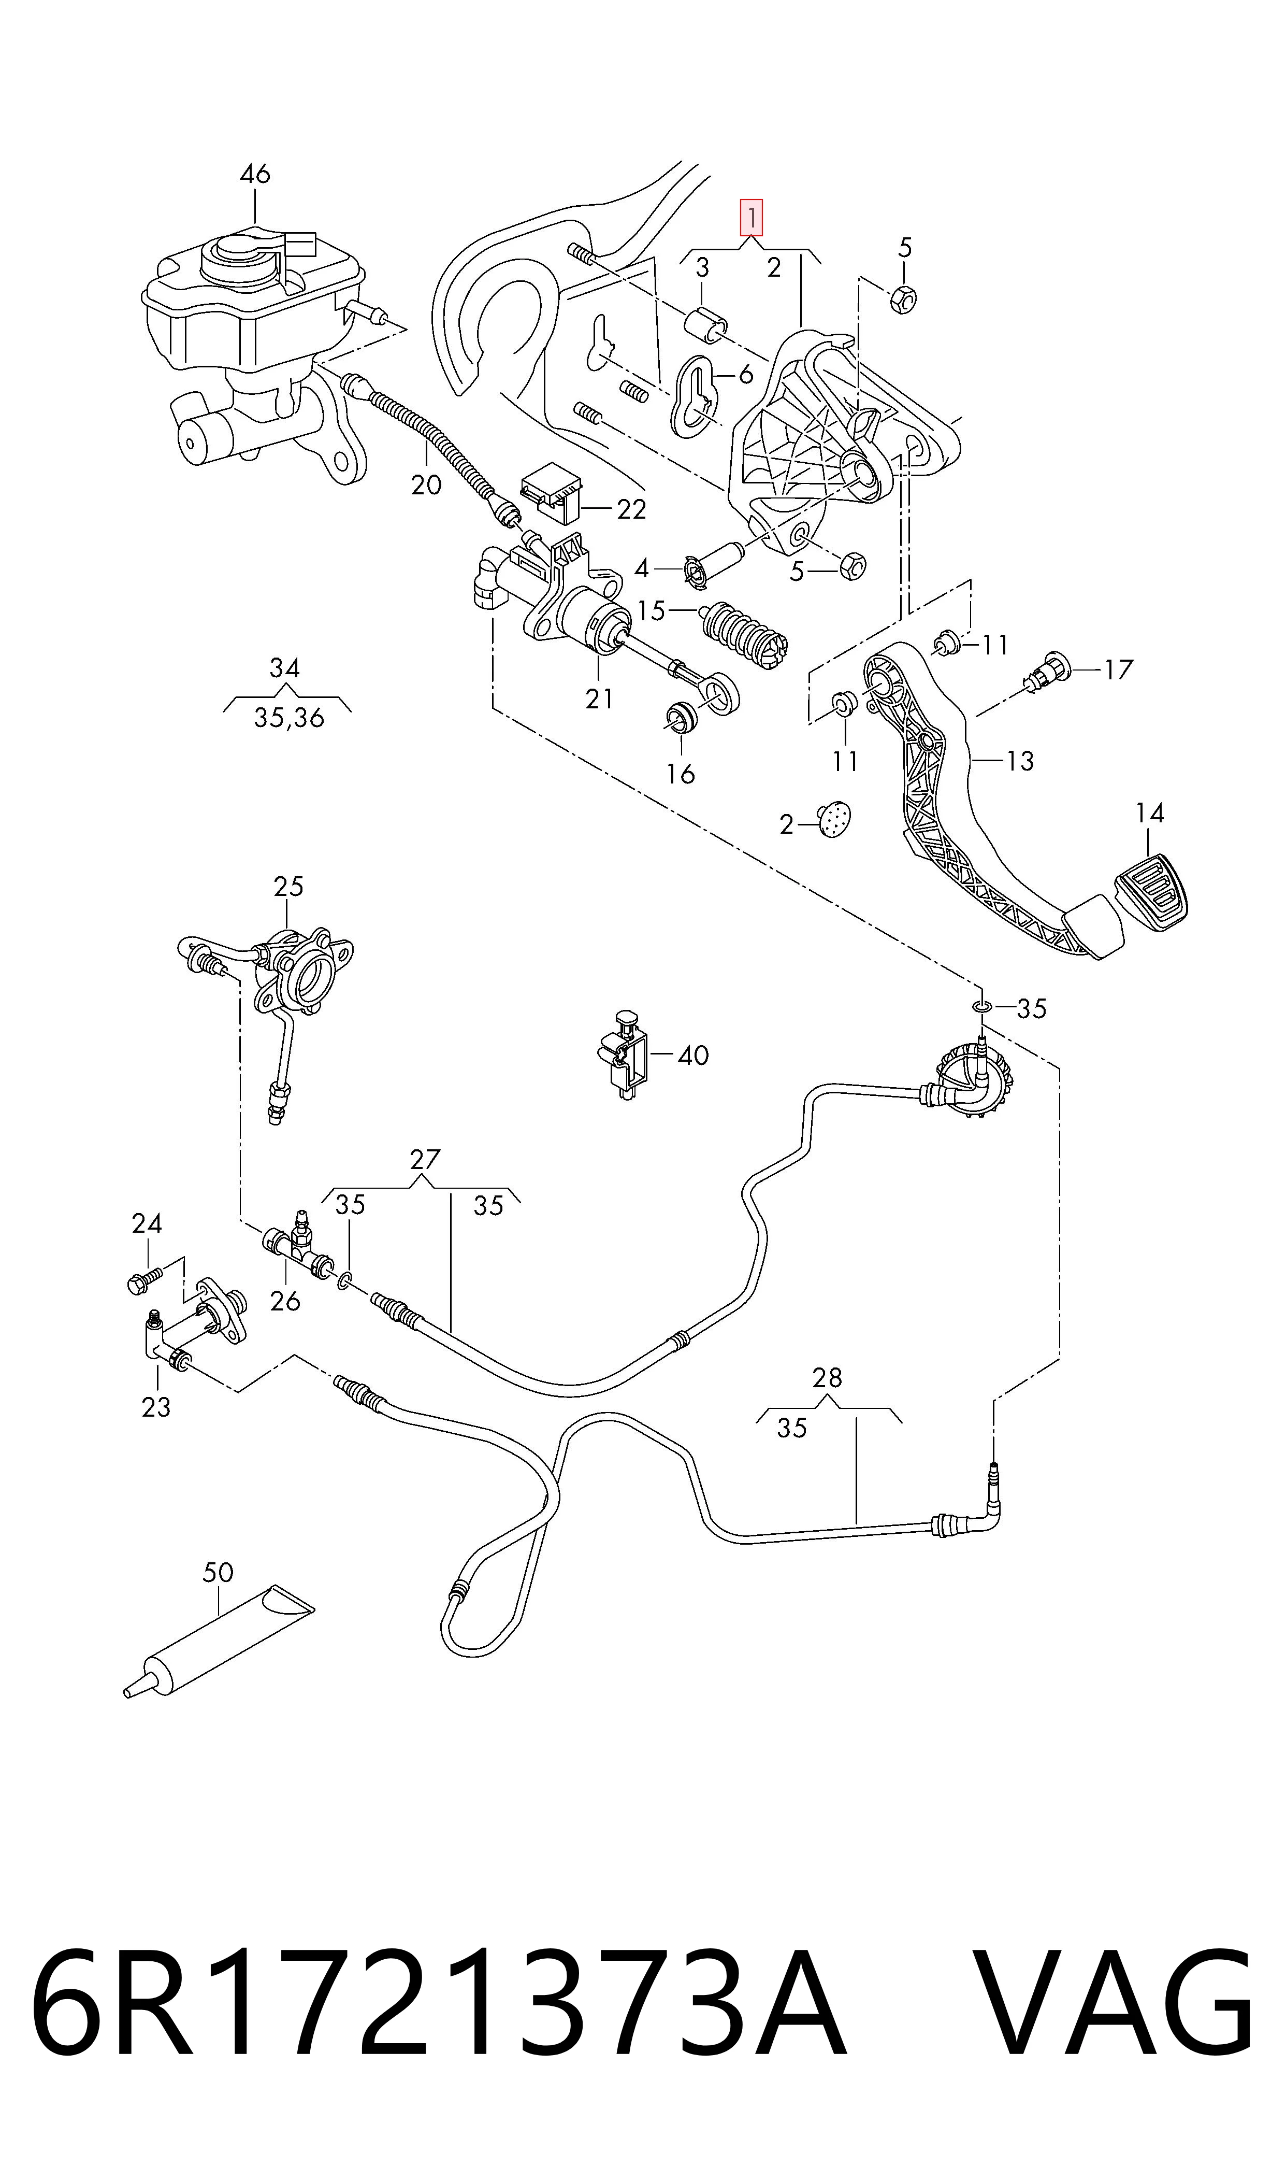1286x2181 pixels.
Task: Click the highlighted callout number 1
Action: point(750,218)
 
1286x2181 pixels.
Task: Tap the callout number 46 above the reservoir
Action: point(255,174)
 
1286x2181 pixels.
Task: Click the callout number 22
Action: point(632,510)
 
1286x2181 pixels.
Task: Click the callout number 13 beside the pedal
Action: point(1020,761)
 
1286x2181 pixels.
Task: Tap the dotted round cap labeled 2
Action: point(834,819)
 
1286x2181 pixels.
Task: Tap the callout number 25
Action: point(288,886)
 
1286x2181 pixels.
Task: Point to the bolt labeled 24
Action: point(146,1281)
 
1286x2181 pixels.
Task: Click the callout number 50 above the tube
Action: point(219,1573)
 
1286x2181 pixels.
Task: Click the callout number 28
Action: point(828,1377)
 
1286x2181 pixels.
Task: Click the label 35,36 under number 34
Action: point(288,718)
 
